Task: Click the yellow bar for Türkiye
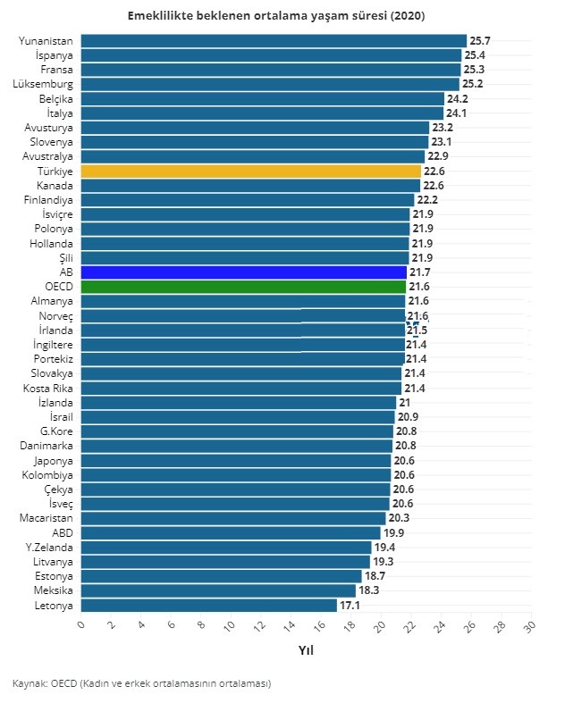(x=250, y=171)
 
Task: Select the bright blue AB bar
(x=243, y=272)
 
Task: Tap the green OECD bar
(x=242, y=287)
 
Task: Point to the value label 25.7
(x=480, y=41)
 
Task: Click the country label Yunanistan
(x=46, y=41)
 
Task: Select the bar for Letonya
(x=208, y=606)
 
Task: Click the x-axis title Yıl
(x=306, y=650)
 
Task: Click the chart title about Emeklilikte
(x=276, y=16)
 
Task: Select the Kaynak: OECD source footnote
(x=141, y=683)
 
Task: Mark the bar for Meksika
(x=218, y=590)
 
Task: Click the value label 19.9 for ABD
(x=393, y=533)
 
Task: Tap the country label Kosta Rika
(x=48, y=388)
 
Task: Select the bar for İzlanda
(x=238, y=402)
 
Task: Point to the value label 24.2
(x=458, y=98)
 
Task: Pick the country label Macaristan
(x=46, y=518)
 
